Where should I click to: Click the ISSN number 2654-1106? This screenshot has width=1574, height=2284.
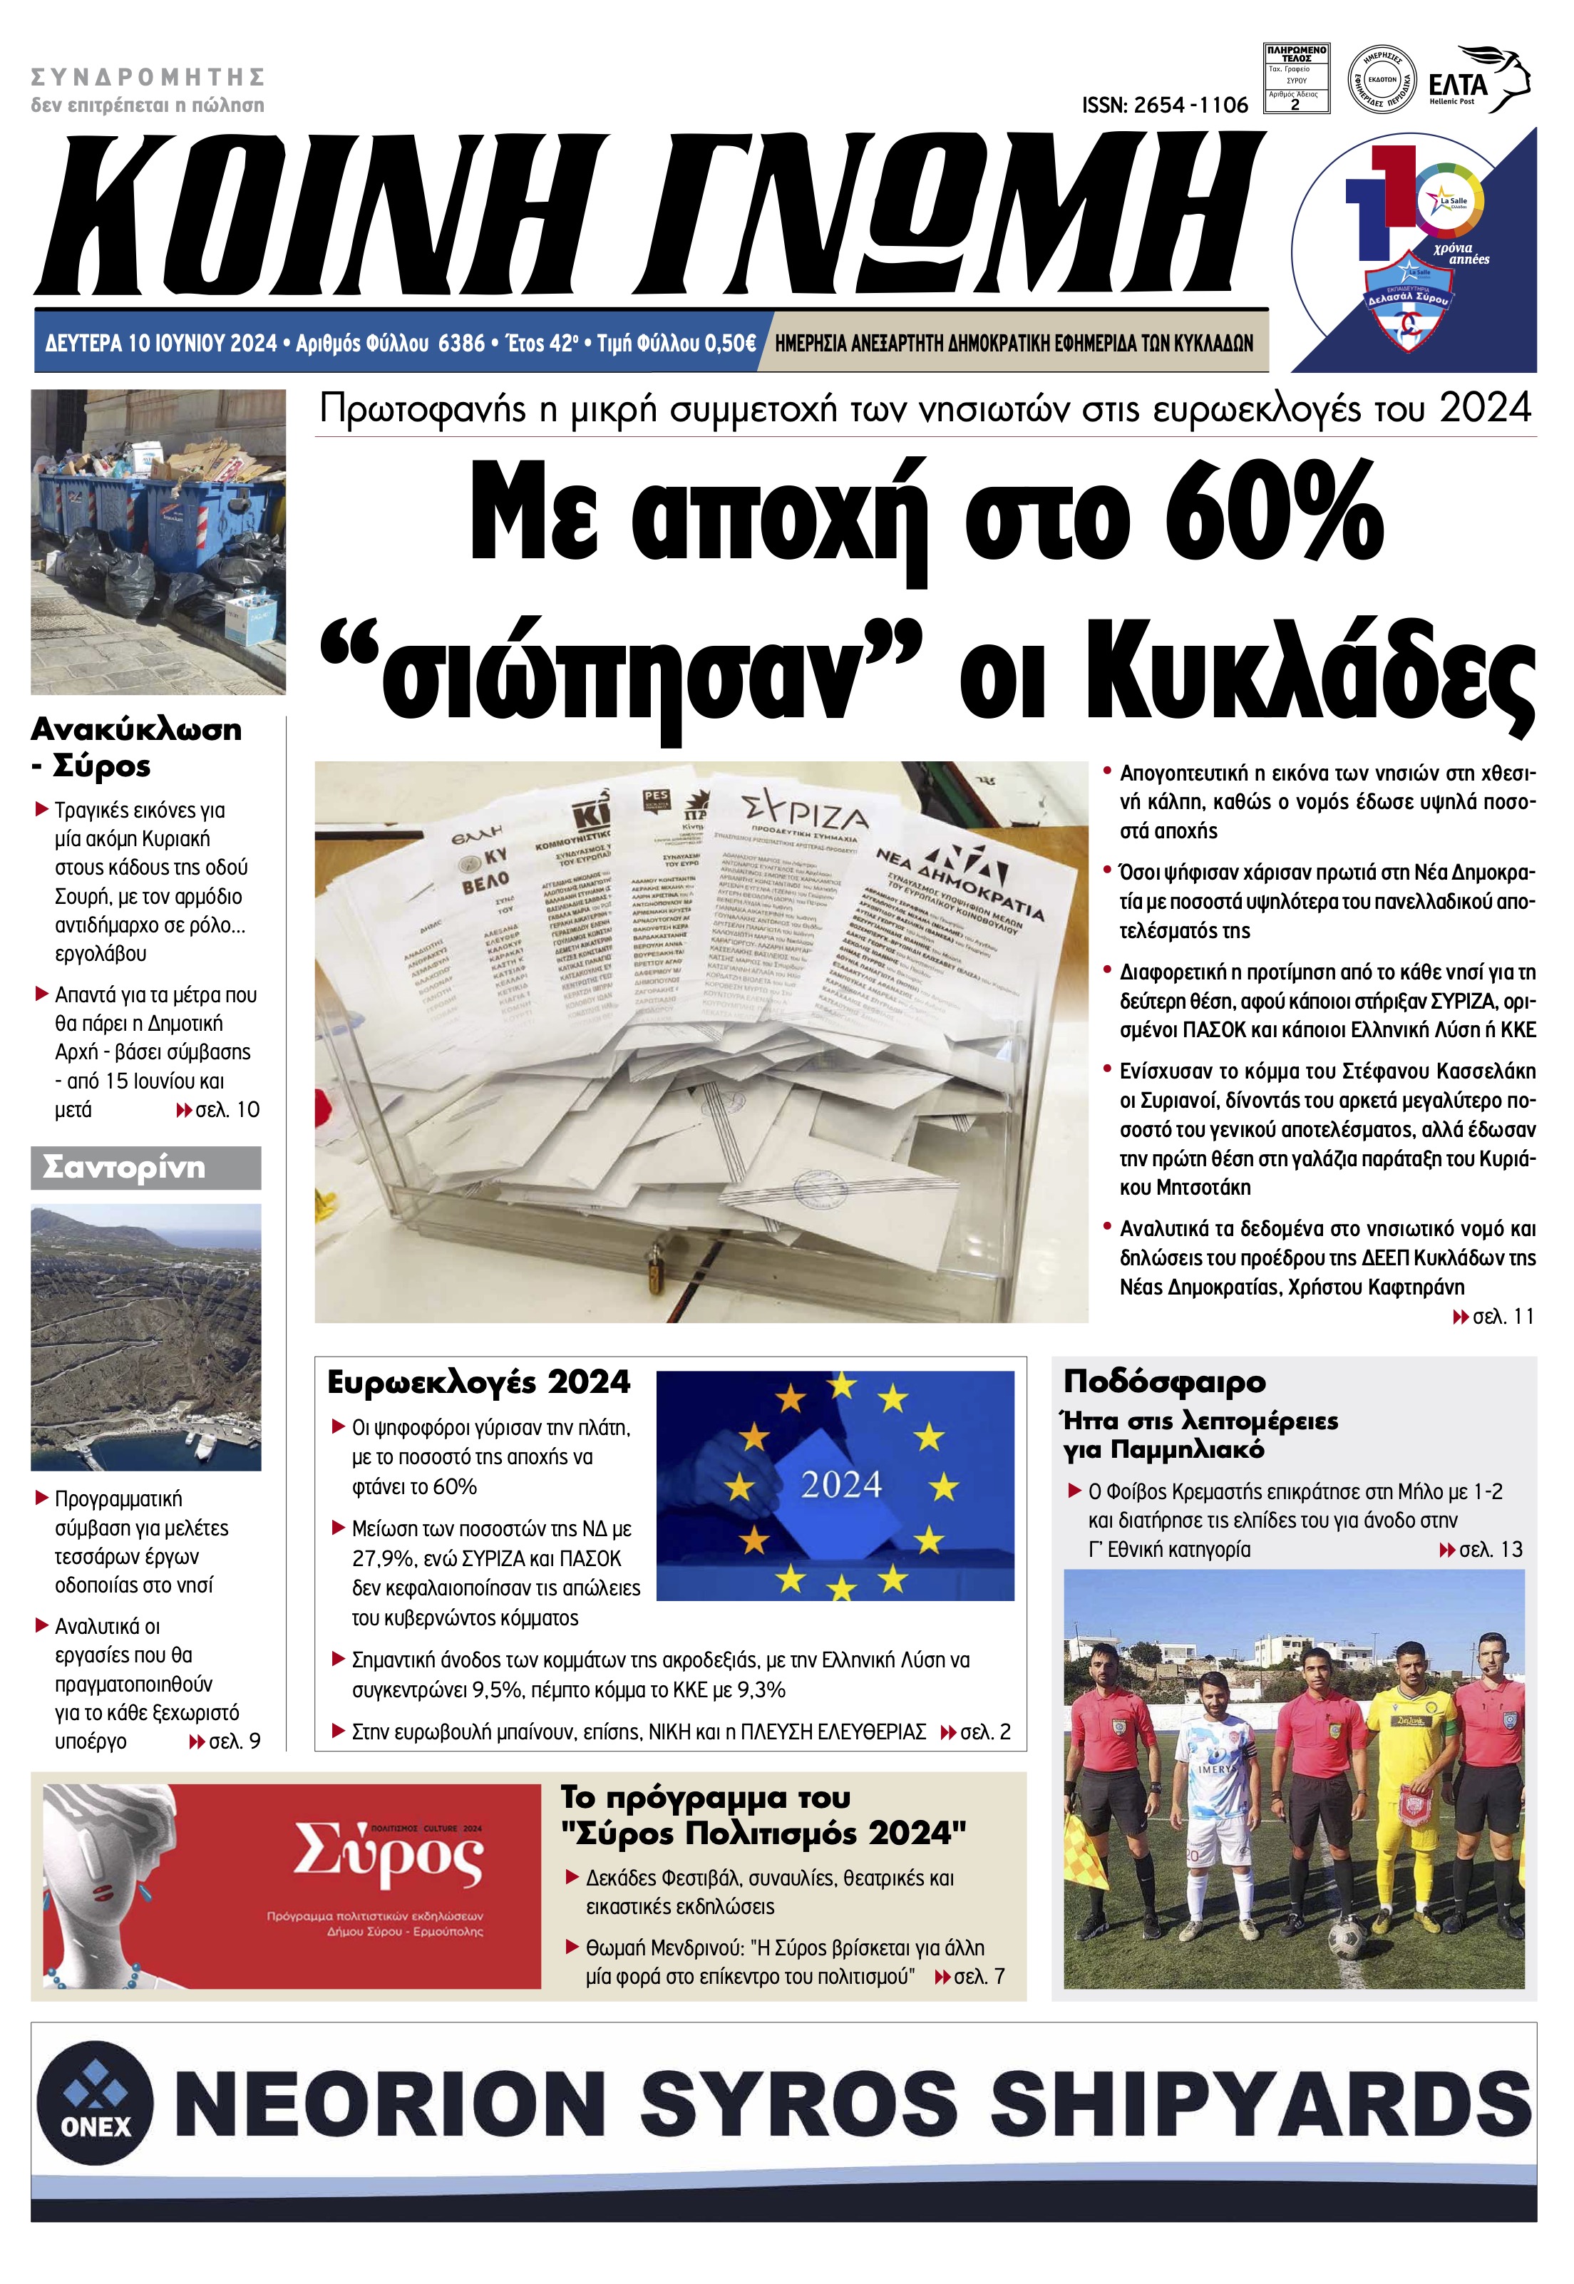tap(1165, 105)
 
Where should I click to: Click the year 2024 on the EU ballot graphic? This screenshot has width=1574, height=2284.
tap(840, 1485)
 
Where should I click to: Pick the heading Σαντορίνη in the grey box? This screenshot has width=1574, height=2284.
tap(124, 1168)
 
